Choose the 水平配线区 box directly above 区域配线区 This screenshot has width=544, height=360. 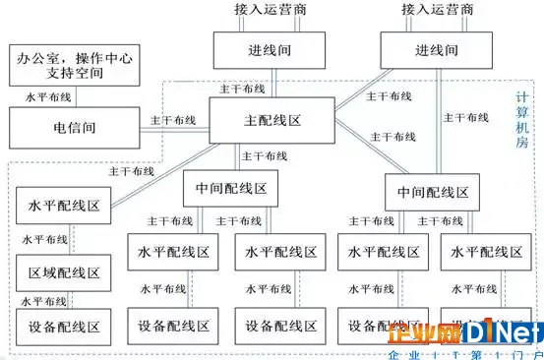[63, 209]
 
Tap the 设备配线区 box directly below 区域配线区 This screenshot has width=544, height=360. [63, 326]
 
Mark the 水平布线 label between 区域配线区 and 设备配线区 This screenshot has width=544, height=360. [44, 300]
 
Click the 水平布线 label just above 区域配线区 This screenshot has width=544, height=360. [44, 239]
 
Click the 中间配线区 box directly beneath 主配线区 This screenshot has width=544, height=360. [224, 186]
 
